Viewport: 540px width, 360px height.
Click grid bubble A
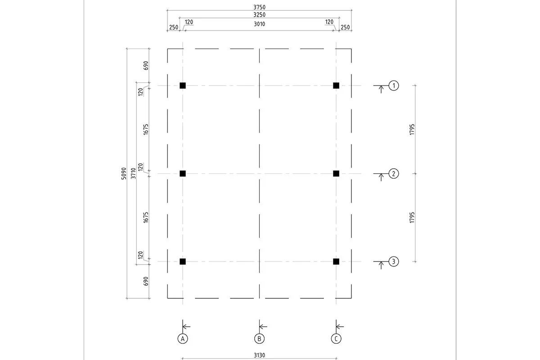coord(183,339)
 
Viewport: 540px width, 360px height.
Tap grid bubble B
coord(259,339)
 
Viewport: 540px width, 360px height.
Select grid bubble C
coord(336,339)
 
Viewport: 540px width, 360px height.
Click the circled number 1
coord(394,85)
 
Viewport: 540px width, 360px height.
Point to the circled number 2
coord(394,174)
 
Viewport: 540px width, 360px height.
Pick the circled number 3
coord(394,261)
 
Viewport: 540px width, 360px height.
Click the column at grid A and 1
coord(183,85)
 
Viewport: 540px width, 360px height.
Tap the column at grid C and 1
coord(336,85)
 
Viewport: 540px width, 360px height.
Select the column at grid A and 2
coord(183,174)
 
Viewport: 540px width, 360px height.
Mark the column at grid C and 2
coord(336,174)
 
